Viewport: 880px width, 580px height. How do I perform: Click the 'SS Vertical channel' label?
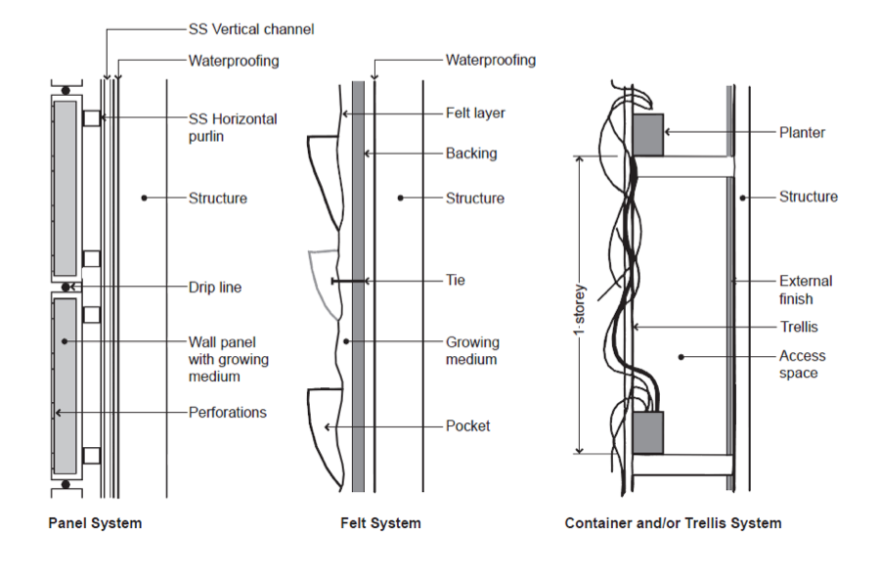tap(251, 29)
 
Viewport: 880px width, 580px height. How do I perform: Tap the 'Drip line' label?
tap(215, 288)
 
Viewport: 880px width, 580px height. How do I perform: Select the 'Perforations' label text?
tap(227, 413)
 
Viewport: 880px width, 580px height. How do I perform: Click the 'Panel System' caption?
tap(95, 523)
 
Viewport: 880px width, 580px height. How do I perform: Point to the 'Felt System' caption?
tap(380, 523)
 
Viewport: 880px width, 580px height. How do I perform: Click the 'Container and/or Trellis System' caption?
tap(673, 523)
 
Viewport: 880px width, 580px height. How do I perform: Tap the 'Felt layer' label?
tap(475, 113)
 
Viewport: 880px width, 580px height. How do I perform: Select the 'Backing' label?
tap(471, 154)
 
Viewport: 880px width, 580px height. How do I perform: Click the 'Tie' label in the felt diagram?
tap(455, 280)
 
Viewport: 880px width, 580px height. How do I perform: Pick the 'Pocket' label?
tap(467, 426)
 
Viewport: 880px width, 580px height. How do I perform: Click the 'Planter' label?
tap(802, 133)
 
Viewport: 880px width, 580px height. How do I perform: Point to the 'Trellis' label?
tap(799, 327)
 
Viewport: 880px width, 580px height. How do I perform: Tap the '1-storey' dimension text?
tap(579, 310)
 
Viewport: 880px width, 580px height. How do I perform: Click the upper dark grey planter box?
tap(648, 135)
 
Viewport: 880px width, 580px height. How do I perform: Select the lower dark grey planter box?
tap(648, 432)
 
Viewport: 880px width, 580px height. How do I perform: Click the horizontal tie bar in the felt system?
tap(349, 281)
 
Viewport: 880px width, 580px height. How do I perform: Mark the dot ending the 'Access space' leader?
tap(681, 357)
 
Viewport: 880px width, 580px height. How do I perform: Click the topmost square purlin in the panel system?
tap(92, 118)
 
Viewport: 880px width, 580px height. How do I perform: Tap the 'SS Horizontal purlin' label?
tap(233, 127)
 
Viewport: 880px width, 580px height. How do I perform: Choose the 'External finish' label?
tap(806, 290)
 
